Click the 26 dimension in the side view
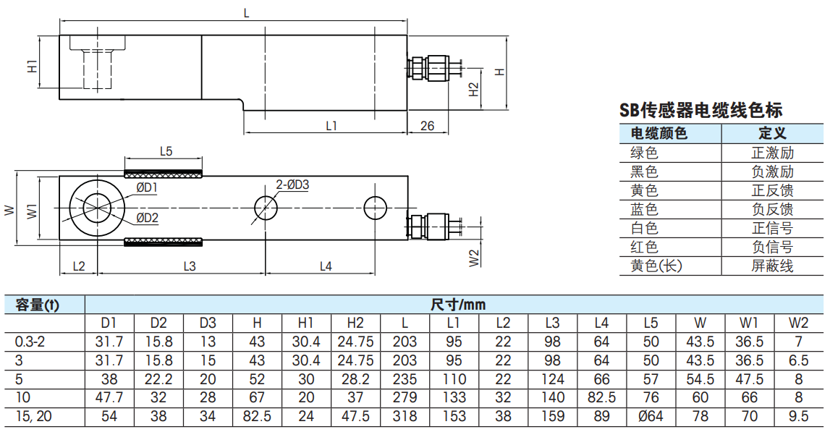(427, 126)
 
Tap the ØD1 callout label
(147, 188)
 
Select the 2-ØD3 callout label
(292, 185)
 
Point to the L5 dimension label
(166, 151)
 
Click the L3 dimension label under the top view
(189, 266)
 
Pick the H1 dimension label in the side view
(33, 66)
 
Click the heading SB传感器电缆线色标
(700, 110)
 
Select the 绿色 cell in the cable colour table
(644, 153)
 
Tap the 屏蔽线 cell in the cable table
(772, 266)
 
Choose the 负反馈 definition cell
(772, 209)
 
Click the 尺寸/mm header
(458, 305)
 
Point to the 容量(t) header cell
(37, 305)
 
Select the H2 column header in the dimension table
(355, 323)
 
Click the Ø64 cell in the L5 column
(651, 416)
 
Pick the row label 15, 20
(34, 416)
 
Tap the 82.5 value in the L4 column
(601, 397)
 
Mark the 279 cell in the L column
(405, 397)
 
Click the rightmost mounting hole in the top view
(376, 208)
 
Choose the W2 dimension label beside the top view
(474, 258)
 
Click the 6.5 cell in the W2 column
(798, 360)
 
